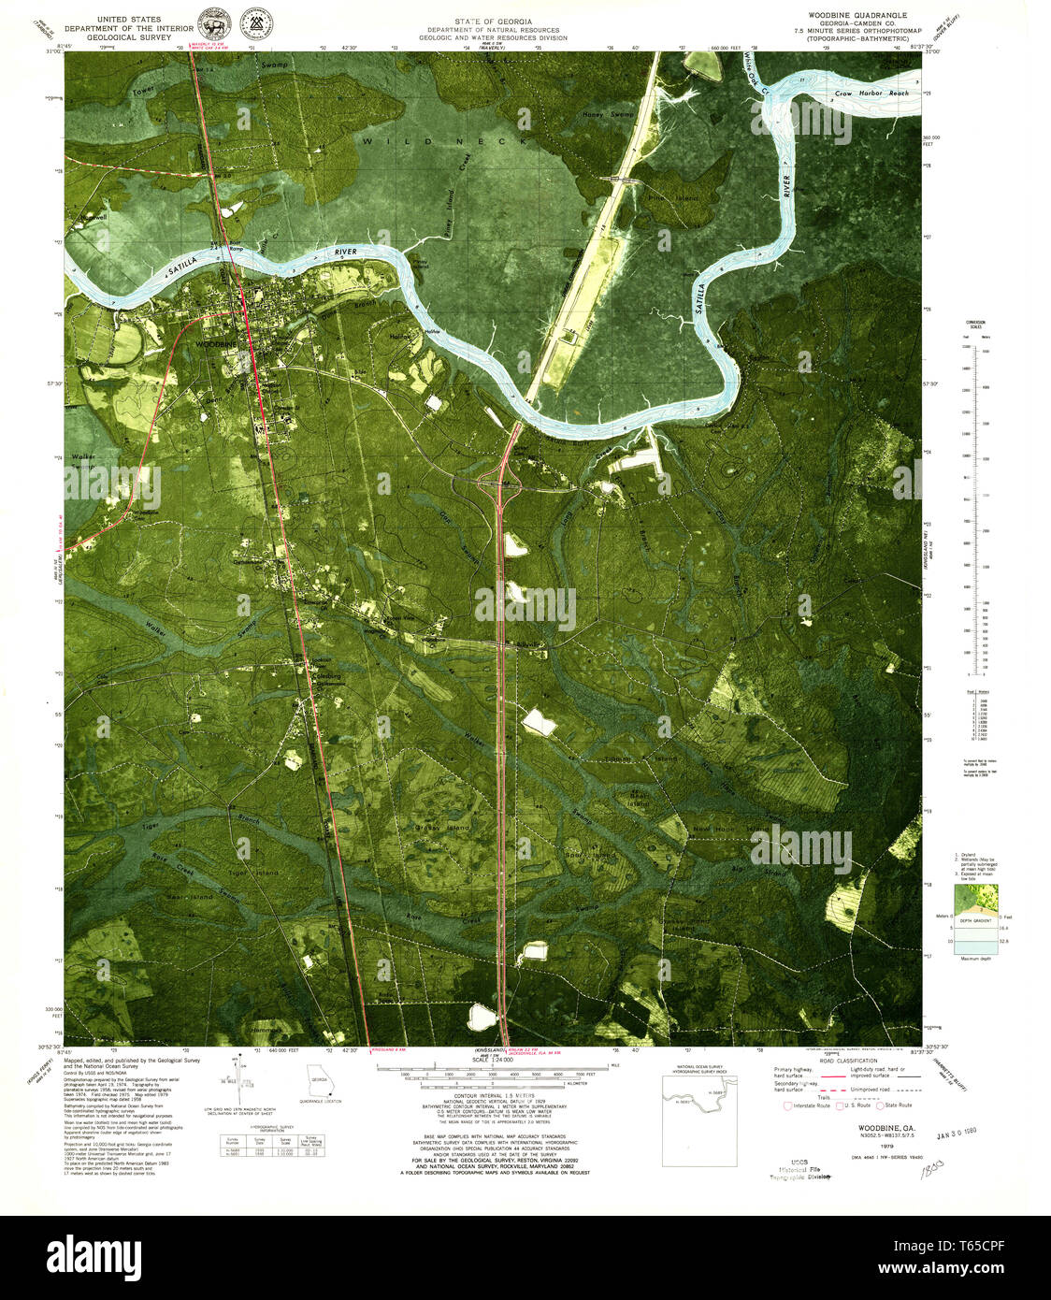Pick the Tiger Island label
253,873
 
